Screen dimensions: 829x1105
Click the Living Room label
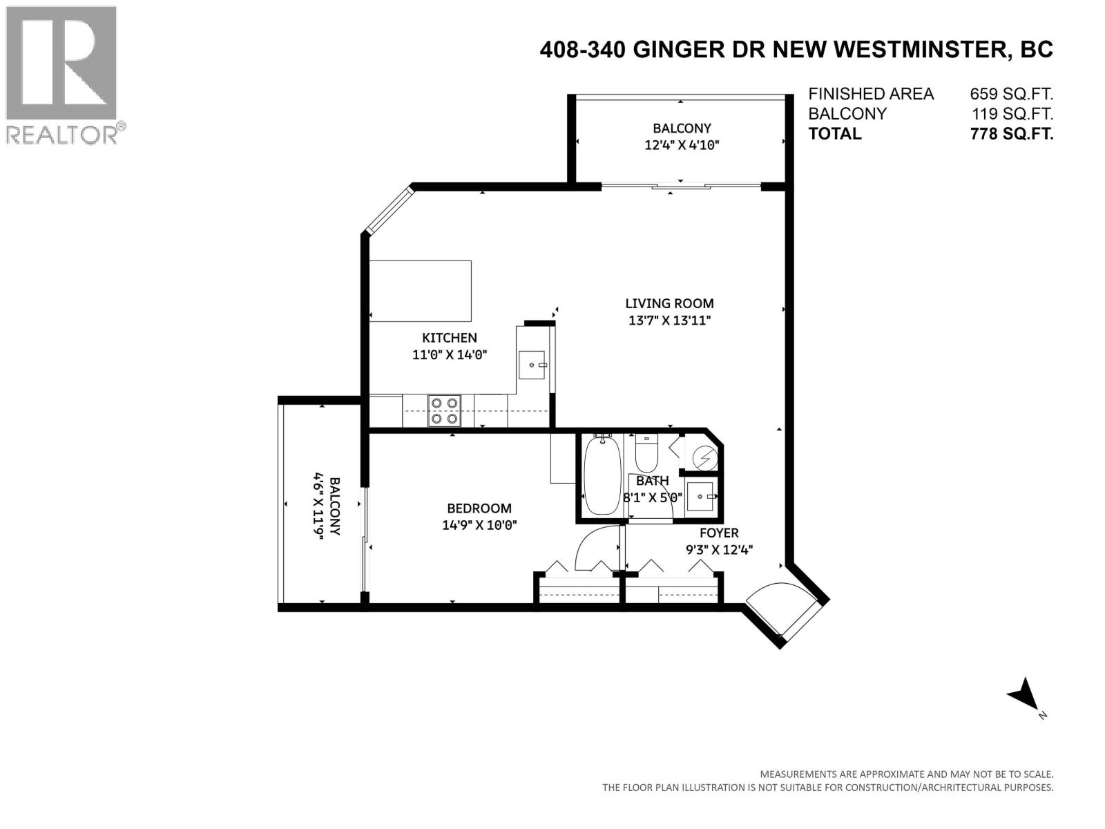(x=669, y=303)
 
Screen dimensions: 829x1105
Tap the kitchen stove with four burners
(x=444, y=410)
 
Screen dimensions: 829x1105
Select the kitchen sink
(x=533, y=364)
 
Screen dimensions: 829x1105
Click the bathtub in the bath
(x=602, y=475)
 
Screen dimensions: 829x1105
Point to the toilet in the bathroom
(x=648, y=452)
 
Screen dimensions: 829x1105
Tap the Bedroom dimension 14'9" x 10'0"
(x=479, y=525)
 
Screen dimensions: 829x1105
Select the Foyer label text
(x=719, y=533)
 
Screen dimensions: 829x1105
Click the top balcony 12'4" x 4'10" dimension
(x=682, y=145)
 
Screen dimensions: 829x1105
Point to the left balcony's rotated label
(x=327, y=506)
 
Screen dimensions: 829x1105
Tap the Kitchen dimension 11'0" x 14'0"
(x=449, y=355)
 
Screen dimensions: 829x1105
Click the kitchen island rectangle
(x=421, y=291)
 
